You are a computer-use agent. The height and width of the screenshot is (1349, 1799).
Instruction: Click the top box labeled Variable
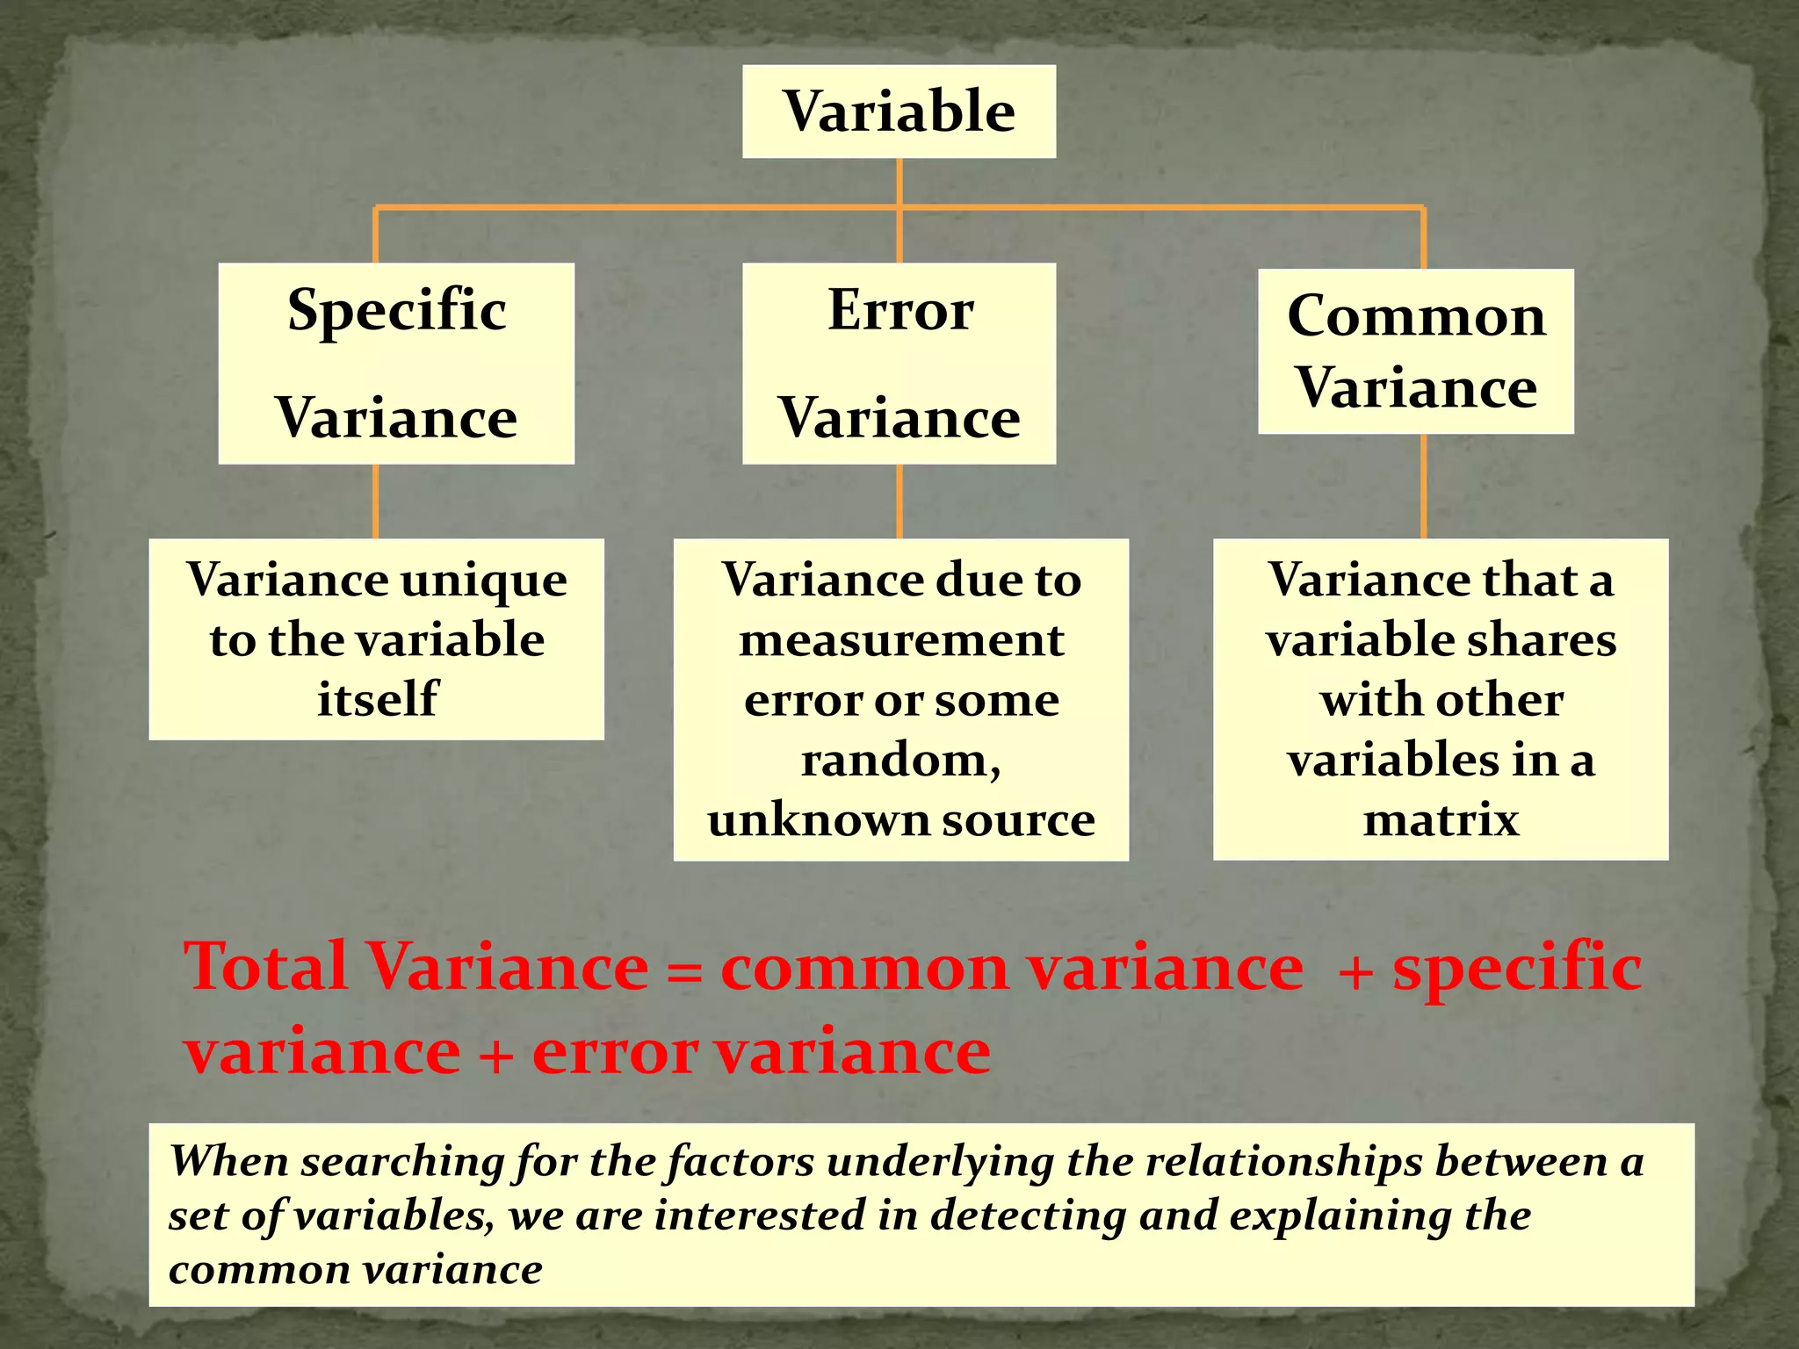899,112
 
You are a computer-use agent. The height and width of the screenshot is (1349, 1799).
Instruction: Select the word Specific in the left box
397,311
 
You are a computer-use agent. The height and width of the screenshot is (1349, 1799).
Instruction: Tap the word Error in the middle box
900,310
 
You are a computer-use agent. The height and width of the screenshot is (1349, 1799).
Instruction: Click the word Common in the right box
1416,316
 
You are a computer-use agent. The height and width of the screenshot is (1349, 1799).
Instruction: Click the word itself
377,699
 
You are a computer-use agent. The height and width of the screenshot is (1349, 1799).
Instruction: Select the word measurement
901,640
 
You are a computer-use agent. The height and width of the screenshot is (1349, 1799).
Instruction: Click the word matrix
1441,820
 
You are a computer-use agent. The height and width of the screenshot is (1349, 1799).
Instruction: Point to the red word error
615,1051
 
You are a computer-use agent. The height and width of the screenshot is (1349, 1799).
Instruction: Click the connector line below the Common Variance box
1423,486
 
